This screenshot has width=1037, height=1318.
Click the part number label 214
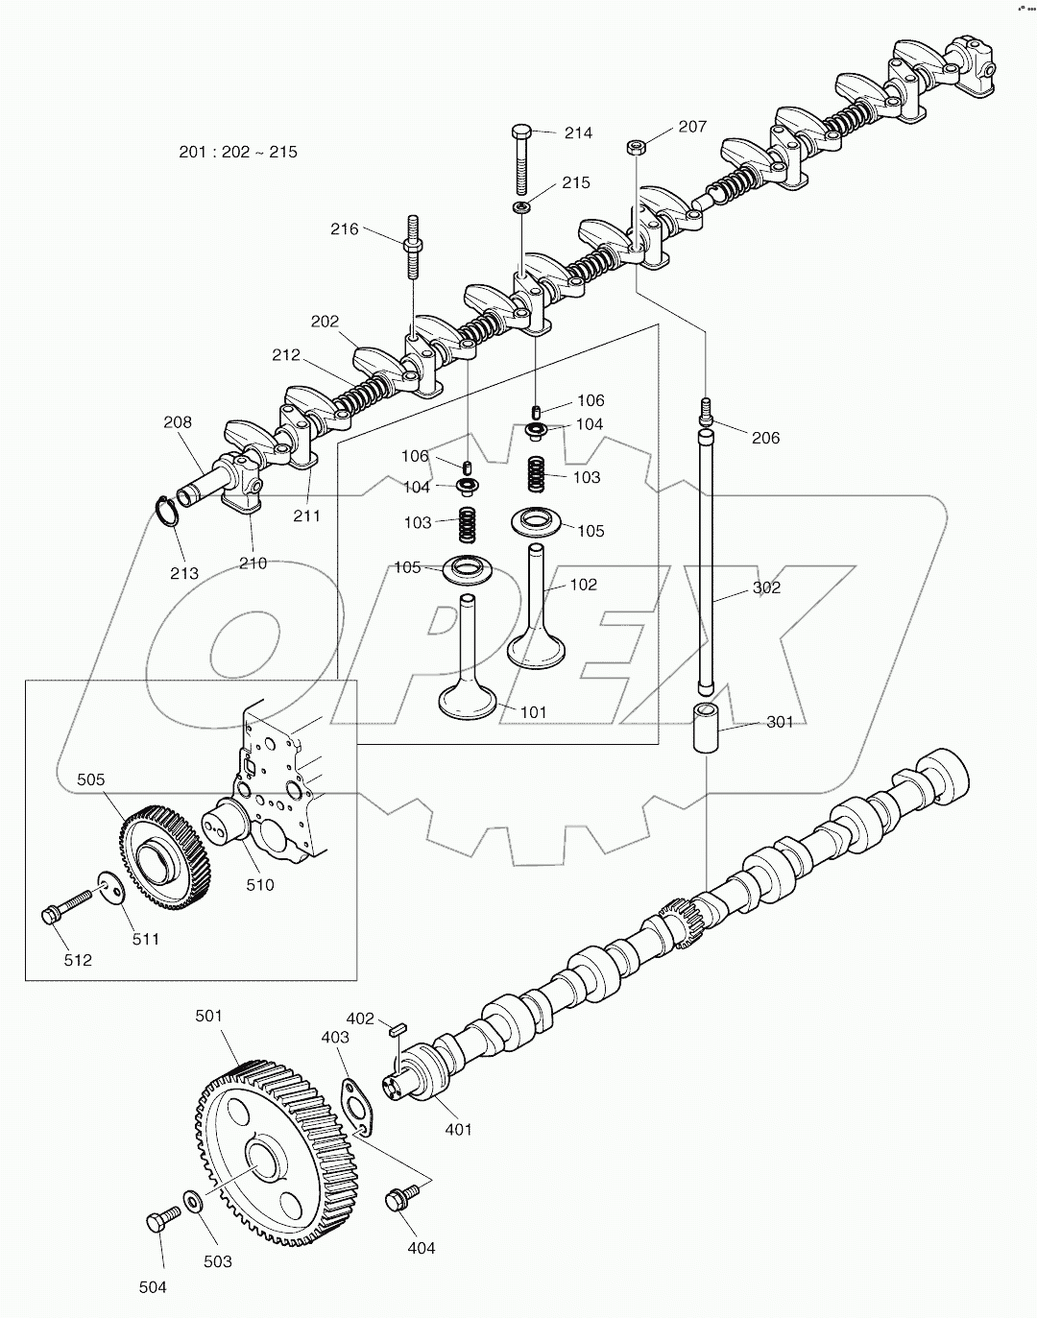click(x=578, y=133)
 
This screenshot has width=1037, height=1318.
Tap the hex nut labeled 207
click(x=635, y=147)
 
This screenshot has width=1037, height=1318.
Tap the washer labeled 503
click(x=192, y=1201)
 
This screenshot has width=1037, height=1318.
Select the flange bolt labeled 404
click(x=397, y=1199)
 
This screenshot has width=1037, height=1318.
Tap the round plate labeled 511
click(x=111, y=889)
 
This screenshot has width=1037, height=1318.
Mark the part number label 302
click(x=765, y=587)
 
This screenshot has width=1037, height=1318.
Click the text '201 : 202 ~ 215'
click(x=238, y=152)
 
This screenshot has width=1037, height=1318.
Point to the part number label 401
click(x=458, y=1129)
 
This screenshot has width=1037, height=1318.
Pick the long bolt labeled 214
click(x=521, y=158)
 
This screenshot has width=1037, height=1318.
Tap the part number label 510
click(x=259, y=884)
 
